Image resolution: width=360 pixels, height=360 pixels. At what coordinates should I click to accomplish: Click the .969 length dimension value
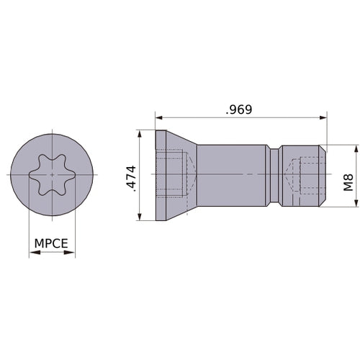click(x=239, y=109)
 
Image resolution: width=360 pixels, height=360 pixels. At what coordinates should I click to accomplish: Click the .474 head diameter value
click(x=131, y=179)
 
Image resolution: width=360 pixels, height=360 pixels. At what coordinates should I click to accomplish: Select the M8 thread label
click(x=348, y=182)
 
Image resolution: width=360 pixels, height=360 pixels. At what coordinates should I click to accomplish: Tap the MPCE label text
click(x=51, y=243)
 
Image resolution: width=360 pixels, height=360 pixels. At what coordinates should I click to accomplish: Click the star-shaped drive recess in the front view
click(x=53, y=174)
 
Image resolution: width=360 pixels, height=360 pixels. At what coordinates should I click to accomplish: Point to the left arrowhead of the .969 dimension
click(x=159, y=117)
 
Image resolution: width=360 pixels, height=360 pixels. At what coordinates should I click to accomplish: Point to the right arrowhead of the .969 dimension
click(x=323, y=117)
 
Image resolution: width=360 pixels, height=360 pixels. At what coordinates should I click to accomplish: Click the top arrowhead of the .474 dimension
click(x=140, y=134)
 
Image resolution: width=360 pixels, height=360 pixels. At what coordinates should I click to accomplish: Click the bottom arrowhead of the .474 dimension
click(x=140, y=217)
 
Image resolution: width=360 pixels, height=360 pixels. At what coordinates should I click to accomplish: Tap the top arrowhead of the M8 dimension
click(x=356, y=149)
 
